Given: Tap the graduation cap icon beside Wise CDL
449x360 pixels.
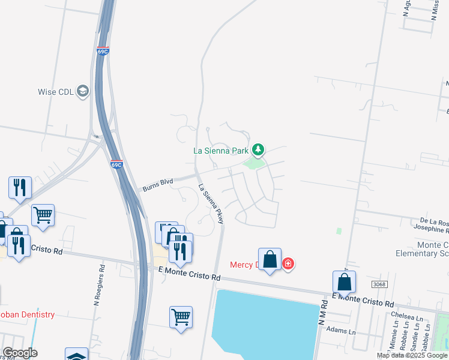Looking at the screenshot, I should point(82,91).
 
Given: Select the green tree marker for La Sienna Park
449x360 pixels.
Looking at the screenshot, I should point(258,149).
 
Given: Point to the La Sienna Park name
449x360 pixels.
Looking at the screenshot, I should point(221,151).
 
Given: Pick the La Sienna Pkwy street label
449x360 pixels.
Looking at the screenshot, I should point(211,204).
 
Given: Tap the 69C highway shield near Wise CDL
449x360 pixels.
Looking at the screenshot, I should point(103,51).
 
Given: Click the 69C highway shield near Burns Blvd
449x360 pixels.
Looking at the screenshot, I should point(117,164).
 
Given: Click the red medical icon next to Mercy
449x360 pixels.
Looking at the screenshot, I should point(288,264).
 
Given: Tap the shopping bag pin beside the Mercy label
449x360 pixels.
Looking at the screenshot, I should point(270,260).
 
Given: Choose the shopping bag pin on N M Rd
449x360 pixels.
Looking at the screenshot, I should point(345,282).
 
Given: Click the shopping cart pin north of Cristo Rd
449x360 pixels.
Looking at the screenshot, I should point(43,215).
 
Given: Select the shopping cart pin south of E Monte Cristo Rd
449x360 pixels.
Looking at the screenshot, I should point(181,316).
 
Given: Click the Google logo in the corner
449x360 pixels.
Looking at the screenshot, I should point(20,353).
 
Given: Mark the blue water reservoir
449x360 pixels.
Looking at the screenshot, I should point(264,324).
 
